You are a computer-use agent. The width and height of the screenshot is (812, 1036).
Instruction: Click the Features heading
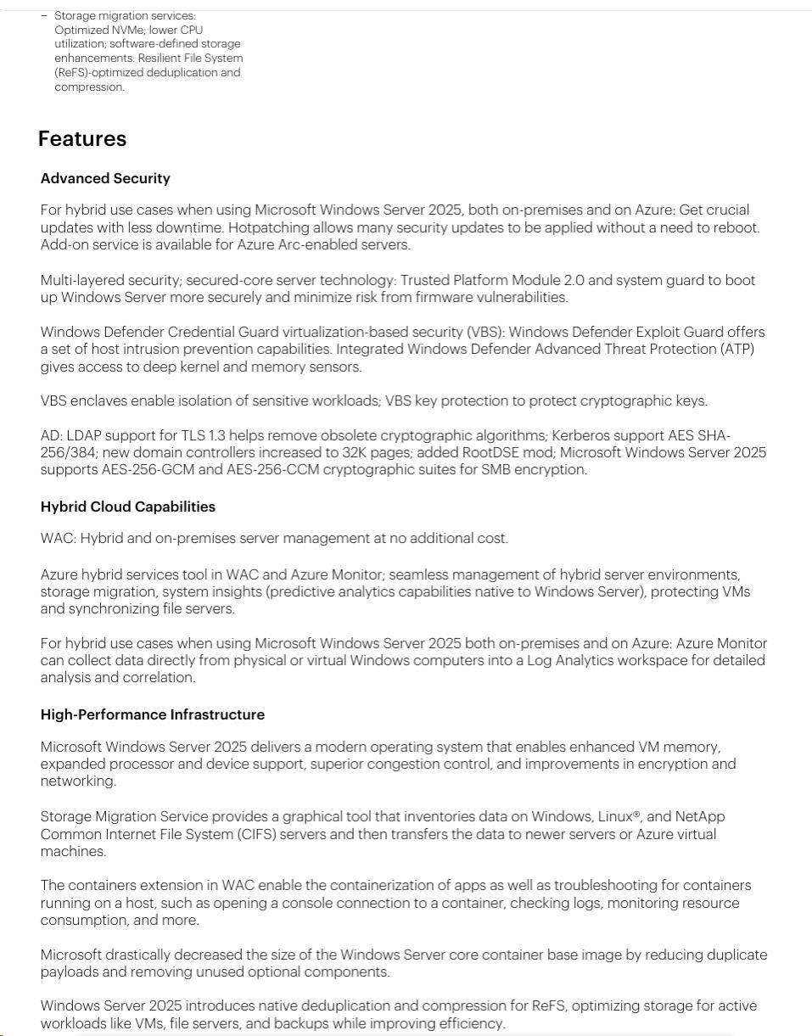[82, 139]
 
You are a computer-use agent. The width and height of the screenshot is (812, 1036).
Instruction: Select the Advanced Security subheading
[105, 178]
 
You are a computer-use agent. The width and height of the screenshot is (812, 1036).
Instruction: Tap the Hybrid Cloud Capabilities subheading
[128, 507]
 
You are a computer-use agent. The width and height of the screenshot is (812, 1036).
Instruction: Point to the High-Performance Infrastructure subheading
[153, 714]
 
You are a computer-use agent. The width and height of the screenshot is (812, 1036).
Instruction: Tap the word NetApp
[700, 816]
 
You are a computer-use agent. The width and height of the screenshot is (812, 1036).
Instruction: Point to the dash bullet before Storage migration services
[44, 15]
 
